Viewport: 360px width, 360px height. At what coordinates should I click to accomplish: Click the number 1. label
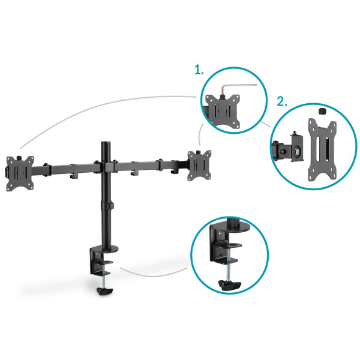pos(199,70)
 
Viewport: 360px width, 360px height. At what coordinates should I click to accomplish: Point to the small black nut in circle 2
pos(320,112)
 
